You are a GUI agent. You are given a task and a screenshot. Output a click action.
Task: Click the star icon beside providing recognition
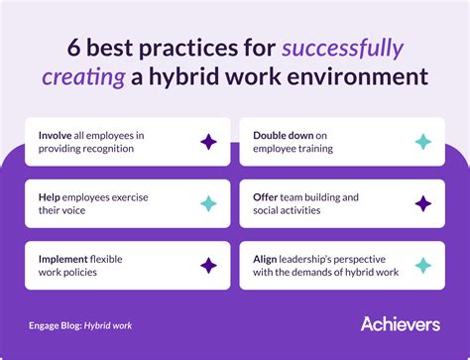(x=208, y=142)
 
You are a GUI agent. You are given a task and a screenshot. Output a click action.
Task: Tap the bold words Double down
(x=286, y=134)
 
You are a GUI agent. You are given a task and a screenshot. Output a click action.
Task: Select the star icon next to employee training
(x=423, y=142)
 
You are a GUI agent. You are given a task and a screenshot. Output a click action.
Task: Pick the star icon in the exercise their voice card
(x=208, y=203)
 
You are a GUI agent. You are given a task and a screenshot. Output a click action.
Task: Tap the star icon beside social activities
(x=423, y=203)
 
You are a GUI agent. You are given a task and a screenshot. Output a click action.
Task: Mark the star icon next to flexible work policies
(x=208, y=265)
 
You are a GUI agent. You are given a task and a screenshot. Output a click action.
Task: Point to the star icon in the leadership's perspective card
(x=423, y=265)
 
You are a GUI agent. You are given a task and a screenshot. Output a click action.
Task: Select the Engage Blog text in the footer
(x=54, y=324)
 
